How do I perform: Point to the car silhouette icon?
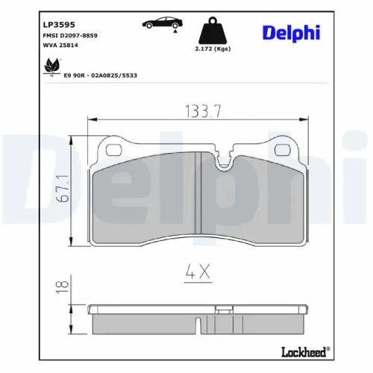(x=160, y=24)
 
